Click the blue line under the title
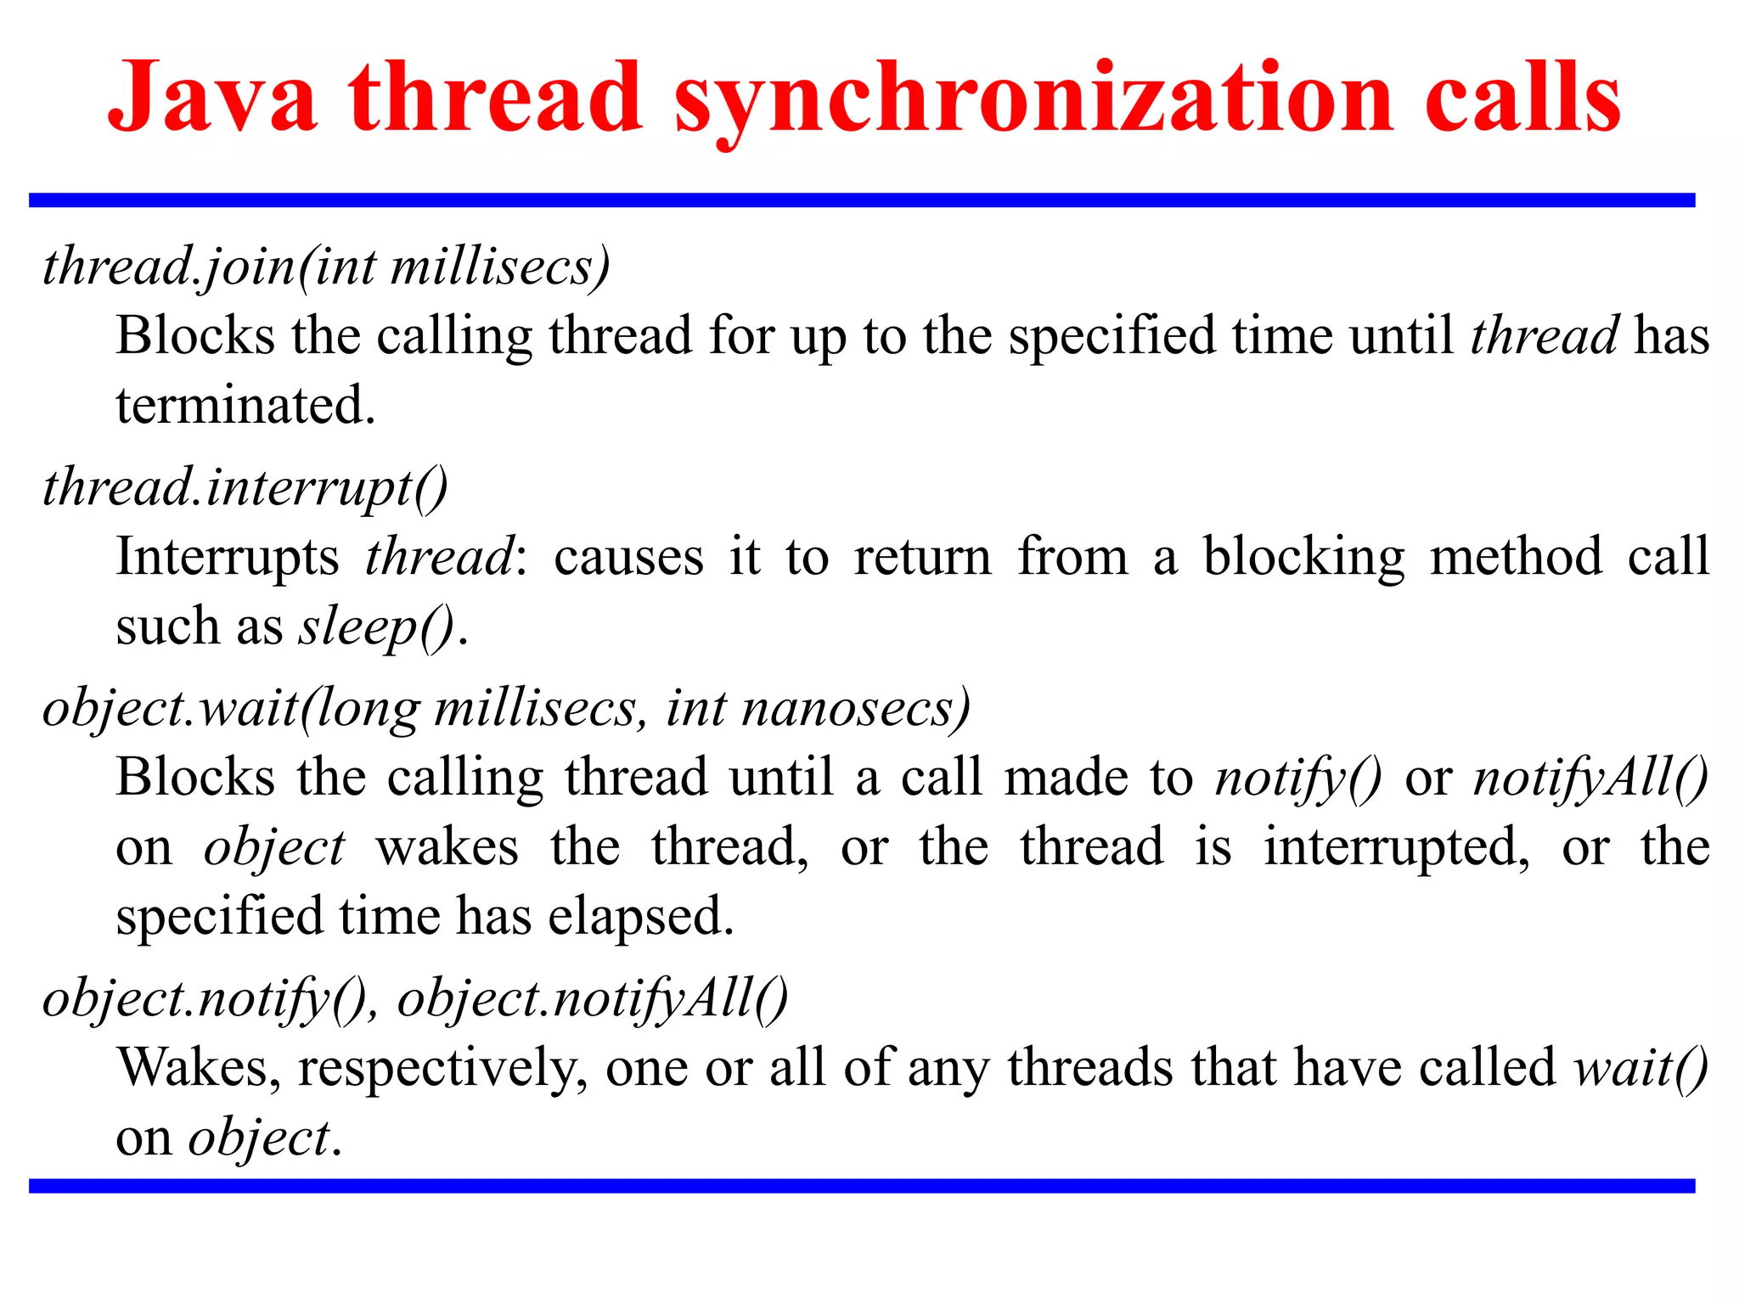pos(861,200)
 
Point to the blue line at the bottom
pos(861,1186)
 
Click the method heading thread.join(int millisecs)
pos(327,267)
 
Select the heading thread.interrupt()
pos(245,488)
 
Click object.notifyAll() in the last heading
pos(593,998)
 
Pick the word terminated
pos(245,405)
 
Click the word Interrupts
pos(227,558)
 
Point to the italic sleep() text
pos(376,628)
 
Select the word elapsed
pos(640,916)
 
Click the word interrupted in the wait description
pos(1397,847)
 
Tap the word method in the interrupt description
pos(1516,558)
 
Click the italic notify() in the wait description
pos(1298,778)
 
